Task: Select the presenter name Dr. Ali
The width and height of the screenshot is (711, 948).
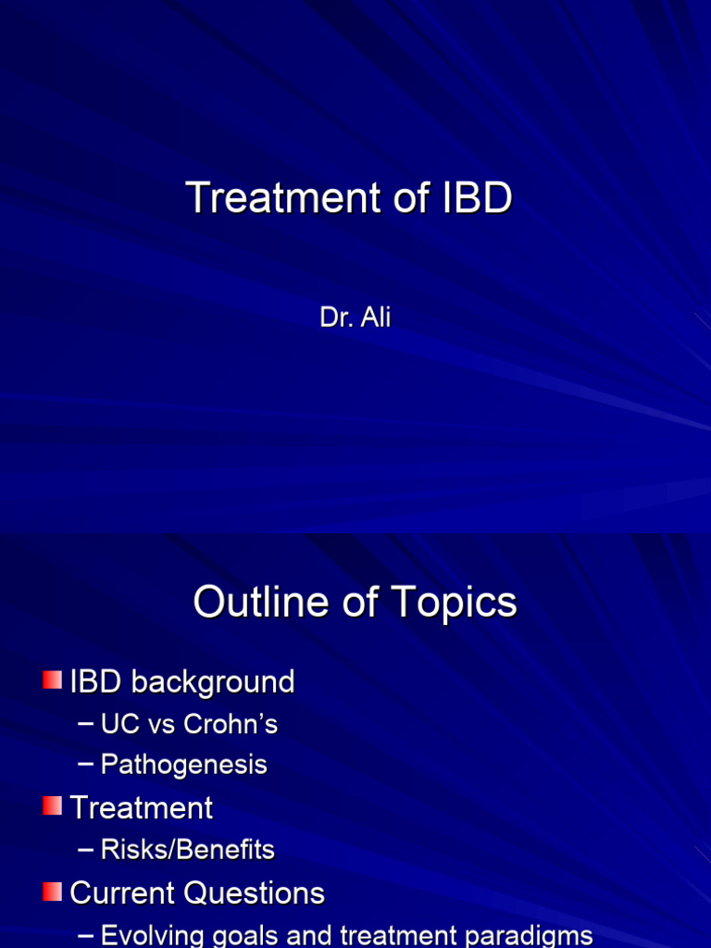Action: coord(355,318)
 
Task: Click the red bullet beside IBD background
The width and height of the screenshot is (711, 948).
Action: coord(52,680)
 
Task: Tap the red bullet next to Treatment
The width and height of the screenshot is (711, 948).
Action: coord(52,806)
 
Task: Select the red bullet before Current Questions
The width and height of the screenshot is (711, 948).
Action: coord(52,892)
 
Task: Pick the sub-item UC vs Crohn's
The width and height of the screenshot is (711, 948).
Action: coord(189,724)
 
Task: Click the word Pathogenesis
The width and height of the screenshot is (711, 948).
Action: coord(184,765)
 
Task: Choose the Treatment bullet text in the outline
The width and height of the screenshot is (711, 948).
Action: coord(142,808)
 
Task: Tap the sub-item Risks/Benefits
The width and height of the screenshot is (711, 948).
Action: coord(188,850)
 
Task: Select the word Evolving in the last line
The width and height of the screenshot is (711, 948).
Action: coord(153,935)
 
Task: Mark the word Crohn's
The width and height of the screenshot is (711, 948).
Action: coord(231,724)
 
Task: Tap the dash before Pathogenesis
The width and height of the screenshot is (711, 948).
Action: coord(87,765)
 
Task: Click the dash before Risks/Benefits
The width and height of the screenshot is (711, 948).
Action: coord(87,849)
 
